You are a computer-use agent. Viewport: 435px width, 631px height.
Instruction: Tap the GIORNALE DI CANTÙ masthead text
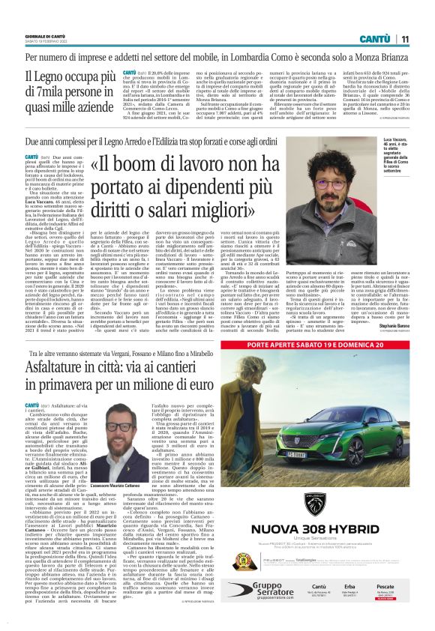(47, 36)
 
